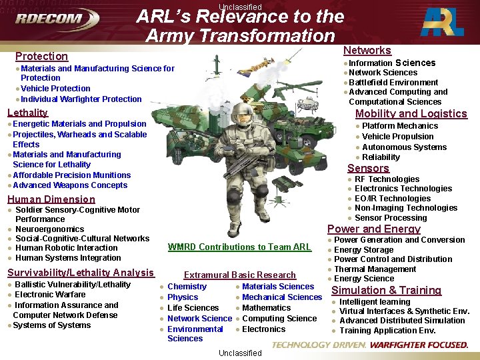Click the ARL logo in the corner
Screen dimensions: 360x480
pyautogui.click(x=444, y=22)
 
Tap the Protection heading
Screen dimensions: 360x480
pyautogui.click(x=41, y=57)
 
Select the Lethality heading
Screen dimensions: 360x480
pyautogui.click(x=27, y=113)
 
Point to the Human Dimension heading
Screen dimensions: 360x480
pyautogui.click(x=51, y=199)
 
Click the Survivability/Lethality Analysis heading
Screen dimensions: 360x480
pyautogui.click(x=80, y=273)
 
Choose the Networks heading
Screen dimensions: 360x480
pyautogui.click(x=367, y=51)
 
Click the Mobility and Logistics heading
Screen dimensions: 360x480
pyautogui.click(x=411, y=113)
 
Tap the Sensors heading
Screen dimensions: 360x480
pyautogui.click(x=368, y=168)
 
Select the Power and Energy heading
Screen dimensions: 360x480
pyautogui.click(x=373, y=229)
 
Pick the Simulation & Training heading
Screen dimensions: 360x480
pyautogui.click(x=386, y=290)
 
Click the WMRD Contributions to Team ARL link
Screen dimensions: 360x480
pyautogui.click(x=239, y=247)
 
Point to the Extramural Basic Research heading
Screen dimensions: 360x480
pyautogui.click(x=239, y=275)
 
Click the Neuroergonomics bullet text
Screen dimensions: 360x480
pyautogui.click(x=49, y=229)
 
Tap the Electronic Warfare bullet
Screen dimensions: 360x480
pyautogui.click(x=50, y=294)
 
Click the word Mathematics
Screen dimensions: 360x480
pyautogui.click(x=266, y=308)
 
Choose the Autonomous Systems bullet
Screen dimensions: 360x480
pyautogui.click(x=404, y=147)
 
